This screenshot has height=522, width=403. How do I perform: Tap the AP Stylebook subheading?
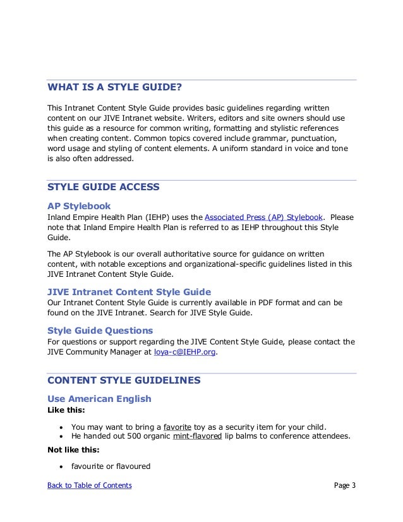79,206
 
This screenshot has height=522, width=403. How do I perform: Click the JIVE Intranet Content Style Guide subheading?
129,292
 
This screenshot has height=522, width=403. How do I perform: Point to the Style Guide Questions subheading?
100,331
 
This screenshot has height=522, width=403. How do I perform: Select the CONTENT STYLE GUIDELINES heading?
124,380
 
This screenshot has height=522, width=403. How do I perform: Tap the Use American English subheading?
99,399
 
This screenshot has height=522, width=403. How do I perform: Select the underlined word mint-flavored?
197,437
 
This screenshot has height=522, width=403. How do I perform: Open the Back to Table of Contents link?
90,485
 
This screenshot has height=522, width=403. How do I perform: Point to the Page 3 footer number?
345,485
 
